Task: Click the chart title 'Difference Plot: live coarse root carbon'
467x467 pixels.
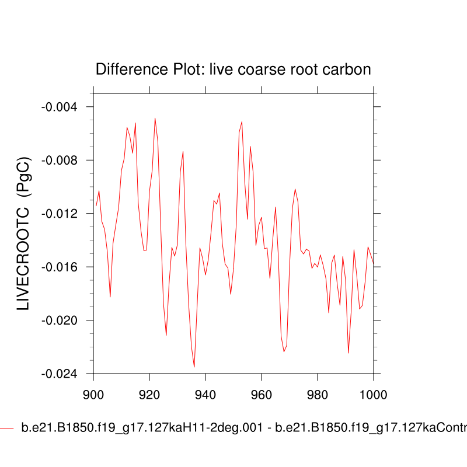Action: (x=233, y=69)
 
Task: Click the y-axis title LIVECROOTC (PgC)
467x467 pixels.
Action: (x=24, y=233)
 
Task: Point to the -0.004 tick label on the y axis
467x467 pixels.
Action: (x=62, y=107)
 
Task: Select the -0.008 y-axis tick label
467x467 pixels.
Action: (x=62, y=161)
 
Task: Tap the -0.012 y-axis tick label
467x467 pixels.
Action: (x=62, y=214)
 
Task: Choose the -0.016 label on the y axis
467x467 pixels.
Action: (x=62, y=267)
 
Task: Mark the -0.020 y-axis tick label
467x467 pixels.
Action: (x=62, y=320)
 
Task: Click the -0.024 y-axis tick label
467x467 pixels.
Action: (x=62, y=374)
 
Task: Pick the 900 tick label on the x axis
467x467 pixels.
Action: (x=93, y=393)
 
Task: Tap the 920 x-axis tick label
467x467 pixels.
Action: (x=149, y=393)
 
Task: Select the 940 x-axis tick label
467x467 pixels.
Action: (x=205, y=393)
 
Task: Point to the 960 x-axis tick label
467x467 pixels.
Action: (x=262, y=393)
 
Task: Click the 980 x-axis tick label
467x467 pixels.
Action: (x=318, y=393)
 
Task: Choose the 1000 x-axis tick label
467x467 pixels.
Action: (x=372, y=393)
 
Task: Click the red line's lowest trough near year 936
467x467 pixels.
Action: (x=194, y=367)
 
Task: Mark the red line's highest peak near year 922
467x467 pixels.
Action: (x=155, y=118)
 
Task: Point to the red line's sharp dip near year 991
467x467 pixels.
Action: (x=348, y=353)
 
